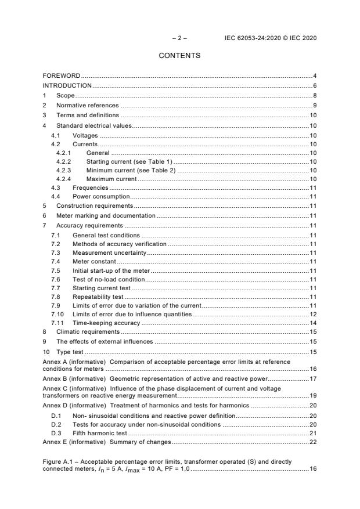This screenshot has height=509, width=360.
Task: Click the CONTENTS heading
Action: (x=179, y=56)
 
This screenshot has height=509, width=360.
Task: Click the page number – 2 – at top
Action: (x=179, y=38)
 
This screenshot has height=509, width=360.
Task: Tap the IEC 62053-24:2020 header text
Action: (x=271, y=38)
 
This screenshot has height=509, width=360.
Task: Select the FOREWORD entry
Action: (x=62, y=76)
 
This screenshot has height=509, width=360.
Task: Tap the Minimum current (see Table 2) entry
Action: (x=131, y=170)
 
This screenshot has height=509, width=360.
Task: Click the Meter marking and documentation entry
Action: (x=105, y=215)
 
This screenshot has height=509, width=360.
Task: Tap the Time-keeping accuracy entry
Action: (x=106, y=323)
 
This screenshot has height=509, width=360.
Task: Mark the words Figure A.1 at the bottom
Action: (x=57, y=461)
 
